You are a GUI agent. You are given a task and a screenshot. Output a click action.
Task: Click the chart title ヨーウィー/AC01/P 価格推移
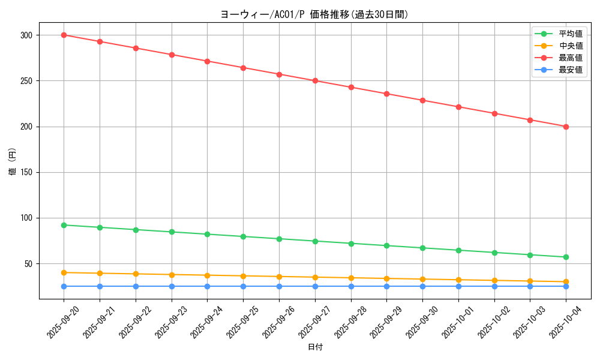[x=314, y=14]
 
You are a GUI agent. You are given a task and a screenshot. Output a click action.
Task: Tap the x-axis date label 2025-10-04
[x=566, y=322]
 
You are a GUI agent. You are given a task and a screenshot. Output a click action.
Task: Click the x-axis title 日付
[x=315, y=347]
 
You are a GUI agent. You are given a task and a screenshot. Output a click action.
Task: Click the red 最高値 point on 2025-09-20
[x=64, y=35]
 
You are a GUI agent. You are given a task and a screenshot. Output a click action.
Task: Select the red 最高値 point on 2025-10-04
[x=566, y=127]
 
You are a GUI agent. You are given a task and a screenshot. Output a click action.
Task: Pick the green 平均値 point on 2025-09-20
[x=64, y=225]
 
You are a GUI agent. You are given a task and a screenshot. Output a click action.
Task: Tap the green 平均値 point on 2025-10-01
[x=458, y=250]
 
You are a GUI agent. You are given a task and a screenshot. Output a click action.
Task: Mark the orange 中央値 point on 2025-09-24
[x=207, y=275]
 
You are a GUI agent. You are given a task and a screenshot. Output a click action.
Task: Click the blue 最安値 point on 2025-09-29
[x=386, y=286]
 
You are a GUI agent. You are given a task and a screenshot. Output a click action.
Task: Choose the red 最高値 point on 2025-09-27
[x=315, y=80]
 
